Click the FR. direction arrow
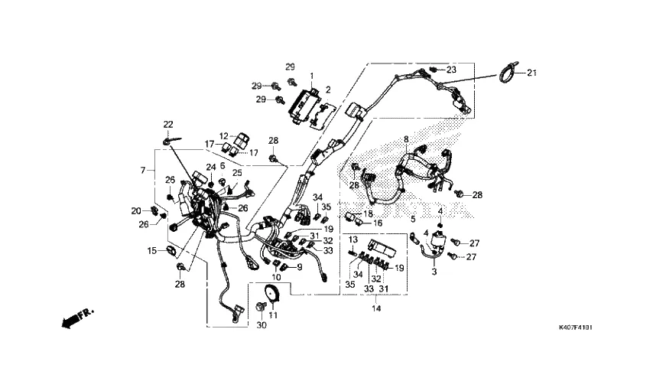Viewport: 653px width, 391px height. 77,317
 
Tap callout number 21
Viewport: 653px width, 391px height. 532,73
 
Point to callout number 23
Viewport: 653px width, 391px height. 451,70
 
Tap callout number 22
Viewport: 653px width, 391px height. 168,124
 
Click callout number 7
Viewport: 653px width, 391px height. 142,169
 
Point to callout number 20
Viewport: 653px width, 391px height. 135,210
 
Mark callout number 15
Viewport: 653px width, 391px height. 152,250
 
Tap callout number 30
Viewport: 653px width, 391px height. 261,326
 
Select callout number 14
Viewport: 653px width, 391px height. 375,308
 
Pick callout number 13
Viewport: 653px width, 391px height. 354,239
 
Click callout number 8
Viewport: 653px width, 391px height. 407,140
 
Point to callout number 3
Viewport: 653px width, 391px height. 435,272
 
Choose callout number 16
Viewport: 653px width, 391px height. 378,223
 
